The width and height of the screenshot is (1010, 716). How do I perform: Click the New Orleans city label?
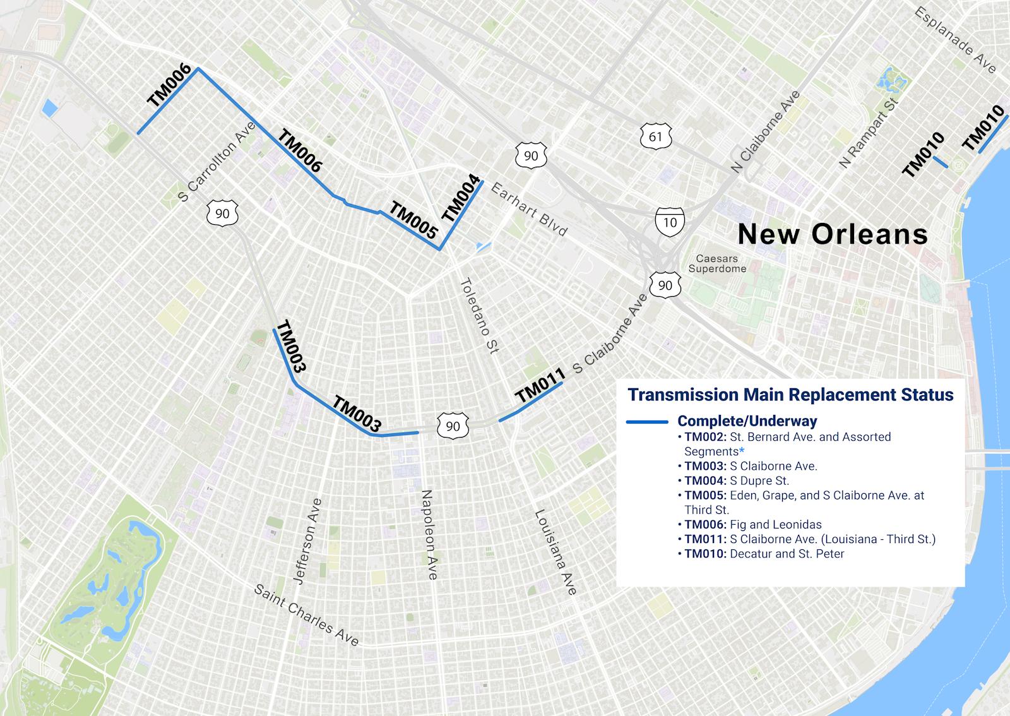click(833, 234)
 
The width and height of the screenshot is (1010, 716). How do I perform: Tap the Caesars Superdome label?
click(716, 264)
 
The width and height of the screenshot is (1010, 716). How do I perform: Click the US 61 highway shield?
click(656, 136)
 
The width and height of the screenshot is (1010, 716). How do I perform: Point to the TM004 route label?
click(461, 198)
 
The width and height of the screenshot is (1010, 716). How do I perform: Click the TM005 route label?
click(413, 220)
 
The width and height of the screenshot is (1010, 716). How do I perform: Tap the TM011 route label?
click(540, 386)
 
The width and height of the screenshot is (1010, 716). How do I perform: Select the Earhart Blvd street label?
click(528, 209)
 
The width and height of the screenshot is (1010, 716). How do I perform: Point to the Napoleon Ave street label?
click(429, 534)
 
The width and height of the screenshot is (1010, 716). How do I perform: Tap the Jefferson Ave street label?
click(308, 541)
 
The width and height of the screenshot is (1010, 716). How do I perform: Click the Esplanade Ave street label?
click(954, 40)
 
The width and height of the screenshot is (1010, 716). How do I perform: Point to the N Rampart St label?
click(868, 133)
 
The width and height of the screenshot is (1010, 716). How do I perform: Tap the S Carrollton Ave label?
click(217, 162)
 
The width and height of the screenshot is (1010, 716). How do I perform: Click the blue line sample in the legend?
click(646, 422)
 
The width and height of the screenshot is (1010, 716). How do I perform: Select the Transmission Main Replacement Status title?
click(790, 395)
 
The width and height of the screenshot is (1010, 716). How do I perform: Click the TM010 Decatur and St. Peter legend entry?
click(764, 554)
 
